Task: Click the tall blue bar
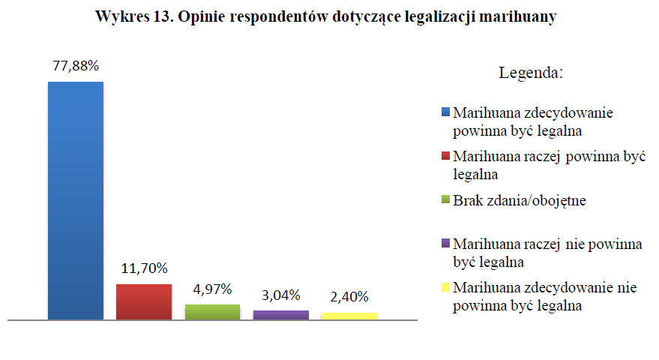(76, 200)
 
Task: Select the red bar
(144, 301)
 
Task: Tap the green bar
(212, 312)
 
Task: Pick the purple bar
(281, 315)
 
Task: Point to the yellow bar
(349, 316)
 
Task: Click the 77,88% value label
(76, 66)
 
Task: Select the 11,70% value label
(144, 268)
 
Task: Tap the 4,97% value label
(212, 289)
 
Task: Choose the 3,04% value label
(281, 295)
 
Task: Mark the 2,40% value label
(349, 297)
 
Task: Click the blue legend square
(446, 113)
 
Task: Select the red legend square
(446, 157)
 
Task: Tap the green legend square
(446, 200)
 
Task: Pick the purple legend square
(446, 244)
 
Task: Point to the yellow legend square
(446, 287)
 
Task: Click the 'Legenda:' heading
(531, 73)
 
